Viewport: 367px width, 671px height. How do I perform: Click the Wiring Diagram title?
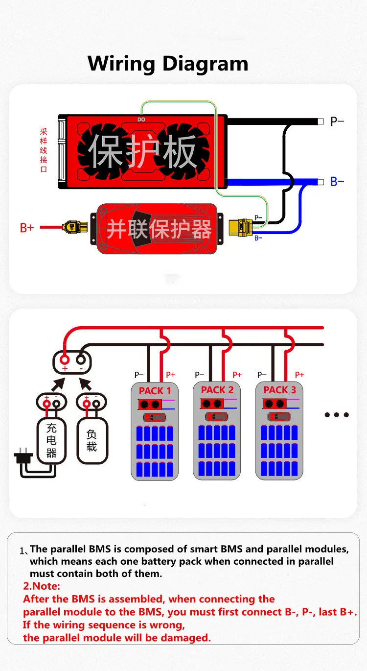[168, 64]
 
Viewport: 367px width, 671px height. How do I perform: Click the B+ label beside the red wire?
[26, 227]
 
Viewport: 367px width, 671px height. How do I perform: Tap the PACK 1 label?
[155, 391]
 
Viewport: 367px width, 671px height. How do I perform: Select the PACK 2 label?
[217, 390]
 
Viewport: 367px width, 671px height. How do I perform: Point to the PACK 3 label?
[279, 390]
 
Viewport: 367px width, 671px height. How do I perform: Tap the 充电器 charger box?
[51, 441]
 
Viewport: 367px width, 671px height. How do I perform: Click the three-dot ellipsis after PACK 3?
[337, 415]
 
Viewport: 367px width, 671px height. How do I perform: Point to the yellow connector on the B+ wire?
[74, 227]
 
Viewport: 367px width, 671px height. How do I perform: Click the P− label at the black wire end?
[337, 121]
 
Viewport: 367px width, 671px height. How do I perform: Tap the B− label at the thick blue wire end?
[337, 182]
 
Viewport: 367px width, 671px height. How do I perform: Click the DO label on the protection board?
[141, 120]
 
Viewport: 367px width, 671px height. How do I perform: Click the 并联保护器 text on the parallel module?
[159, 229]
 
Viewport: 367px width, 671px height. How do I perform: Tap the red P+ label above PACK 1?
[170, 375]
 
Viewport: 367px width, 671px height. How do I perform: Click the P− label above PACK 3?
[262, 375]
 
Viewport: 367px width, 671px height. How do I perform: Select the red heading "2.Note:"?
[42, 586]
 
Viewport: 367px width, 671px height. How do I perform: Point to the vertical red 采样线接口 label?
[44, 150]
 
